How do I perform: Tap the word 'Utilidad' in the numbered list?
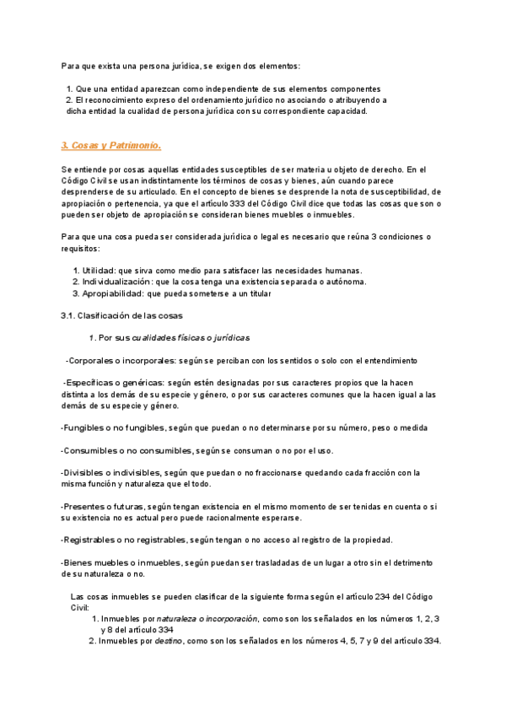point(100,270)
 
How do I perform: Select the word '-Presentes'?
point(85,506)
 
